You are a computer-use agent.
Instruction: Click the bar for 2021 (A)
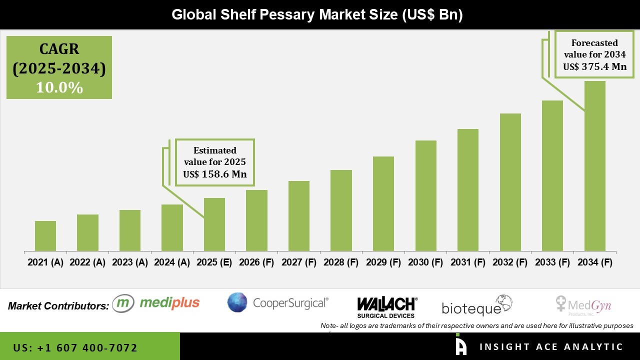tap(45, 236)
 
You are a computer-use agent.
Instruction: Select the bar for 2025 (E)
tap(214, 224)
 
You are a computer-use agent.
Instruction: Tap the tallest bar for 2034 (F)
tap(594, 166)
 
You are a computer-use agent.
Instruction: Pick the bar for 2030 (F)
tap(425, 195)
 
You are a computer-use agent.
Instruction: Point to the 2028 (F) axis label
tap(341, 262)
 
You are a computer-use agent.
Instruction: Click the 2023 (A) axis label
tap(129, 262)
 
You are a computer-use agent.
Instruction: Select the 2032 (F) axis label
tap(510, 262)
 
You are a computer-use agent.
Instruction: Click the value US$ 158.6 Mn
tap(214, 174)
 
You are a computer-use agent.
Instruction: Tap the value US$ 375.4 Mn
tap(594, 66)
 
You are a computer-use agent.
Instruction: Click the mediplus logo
tap(156, 303)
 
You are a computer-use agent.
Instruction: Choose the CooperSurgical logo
tap(278, 302)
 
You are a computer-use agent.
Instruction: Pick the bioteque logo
tap(477, 305)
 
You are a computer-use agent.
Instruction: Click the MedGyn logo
tap(583, 304)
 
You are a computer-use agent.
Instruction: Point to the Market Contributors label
tap(58, 305)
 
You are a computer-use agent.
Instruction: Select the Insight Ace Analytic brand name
tap(551, 347)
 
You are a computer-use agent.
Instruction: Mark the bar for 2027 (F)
tap(299, 216)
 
